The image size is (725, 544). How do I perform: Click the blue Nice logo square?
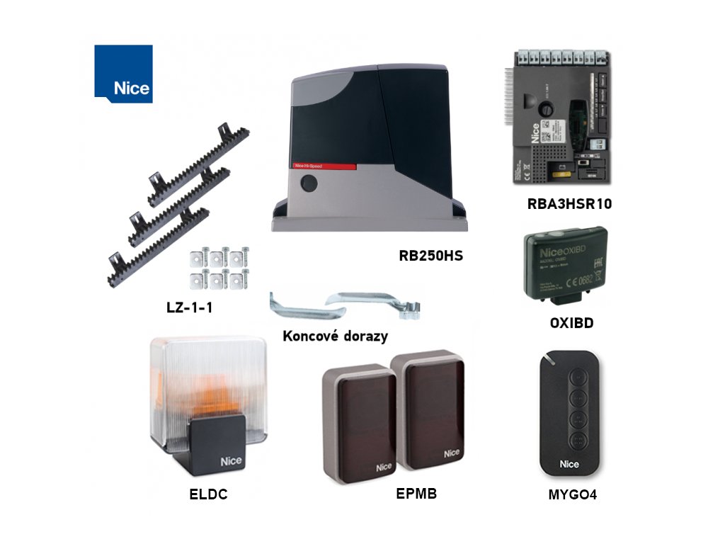123,74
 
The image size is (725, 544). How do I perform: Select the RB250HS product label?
430,255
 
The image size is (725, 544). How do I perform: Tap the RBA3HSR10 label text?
569,204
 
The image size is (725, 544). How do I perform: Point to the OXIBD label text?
571,323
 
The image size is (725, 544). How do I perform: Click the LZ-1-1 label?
190,308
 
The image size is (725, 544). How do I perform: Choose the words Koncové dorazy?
335,336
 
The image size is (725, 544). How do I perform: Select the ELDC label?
208,495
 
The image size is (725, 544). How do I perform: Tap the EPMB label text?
416,494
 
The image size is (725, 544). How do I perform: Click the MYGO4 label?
572,495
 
